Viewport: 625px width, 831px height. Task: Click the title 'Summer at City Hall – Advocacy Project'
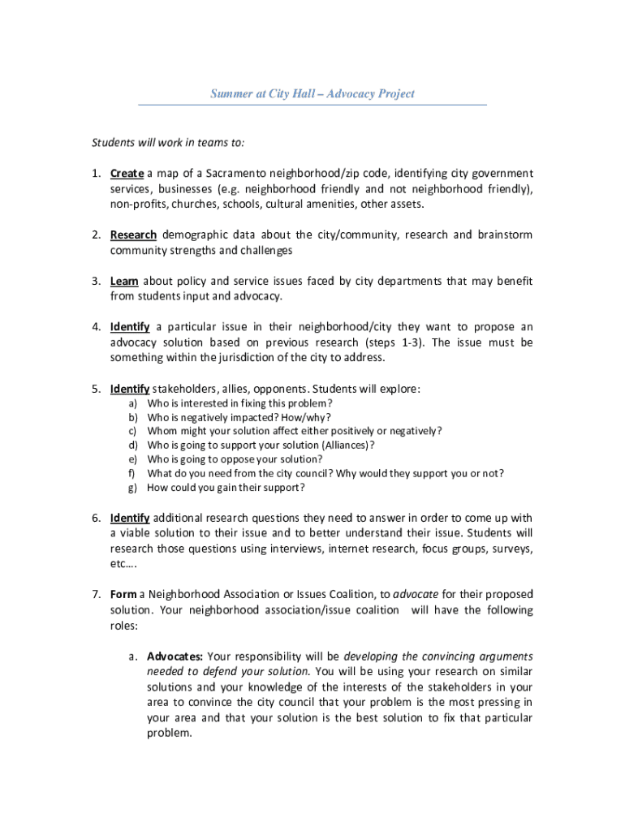pos(312,93)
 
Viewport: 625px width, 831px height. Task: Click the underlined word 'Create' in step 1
pos(127,174)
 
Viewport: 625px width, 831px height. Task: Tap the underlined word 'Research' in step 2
pos(133,235)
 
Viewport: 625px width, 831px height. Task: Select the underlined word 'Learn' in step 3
pos(124,282)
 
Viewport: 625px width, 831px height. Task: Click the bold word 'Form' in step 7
pos(123,595)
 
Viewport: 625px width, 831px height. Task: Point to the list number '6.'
pos(95,518)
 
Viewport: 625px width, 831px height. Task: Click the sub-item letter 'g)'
pos(131,487)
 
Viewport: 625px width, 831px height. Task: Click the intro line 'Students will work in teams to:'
pos(167,143)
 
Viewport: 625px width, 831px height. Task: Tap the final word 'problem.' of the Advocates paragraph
pos(169,733)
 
